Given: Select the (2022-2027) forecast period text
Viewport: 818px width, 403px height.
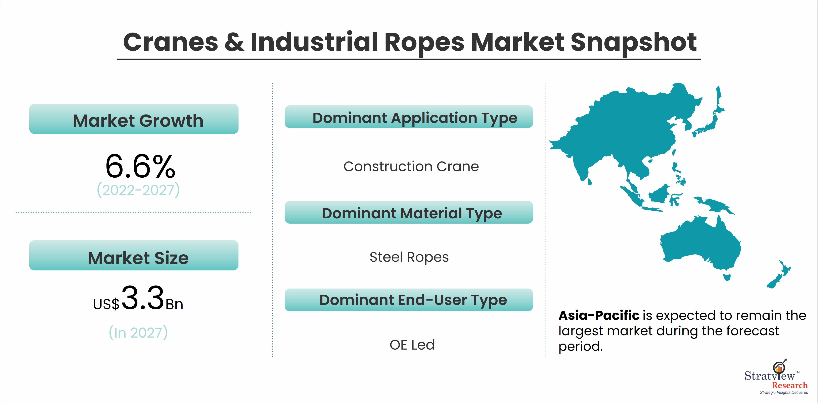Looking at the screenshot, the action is [x=138, y=190].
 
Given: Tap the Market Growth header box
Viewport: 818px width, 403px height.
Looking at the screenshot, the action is [x=134, y=119].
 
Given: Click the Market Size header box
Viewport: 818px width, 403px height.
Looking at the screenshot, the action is [x=134, y=255].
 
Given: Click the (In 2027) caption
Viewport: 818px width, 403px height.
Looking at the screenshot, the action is [x=138, y=332].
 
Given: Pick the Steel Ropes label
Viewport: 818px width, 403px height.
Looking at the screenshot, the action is [x=409, y=257].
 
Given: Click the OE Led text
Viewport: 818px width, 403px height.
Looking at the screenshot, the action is [x=412, y=345].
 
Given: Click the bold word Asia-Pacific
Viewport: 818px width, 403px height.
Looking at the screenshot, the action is [x=599, y=315].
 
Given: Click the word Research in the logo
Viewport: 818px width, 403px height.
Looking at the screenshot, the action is [x=790, y=385].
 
